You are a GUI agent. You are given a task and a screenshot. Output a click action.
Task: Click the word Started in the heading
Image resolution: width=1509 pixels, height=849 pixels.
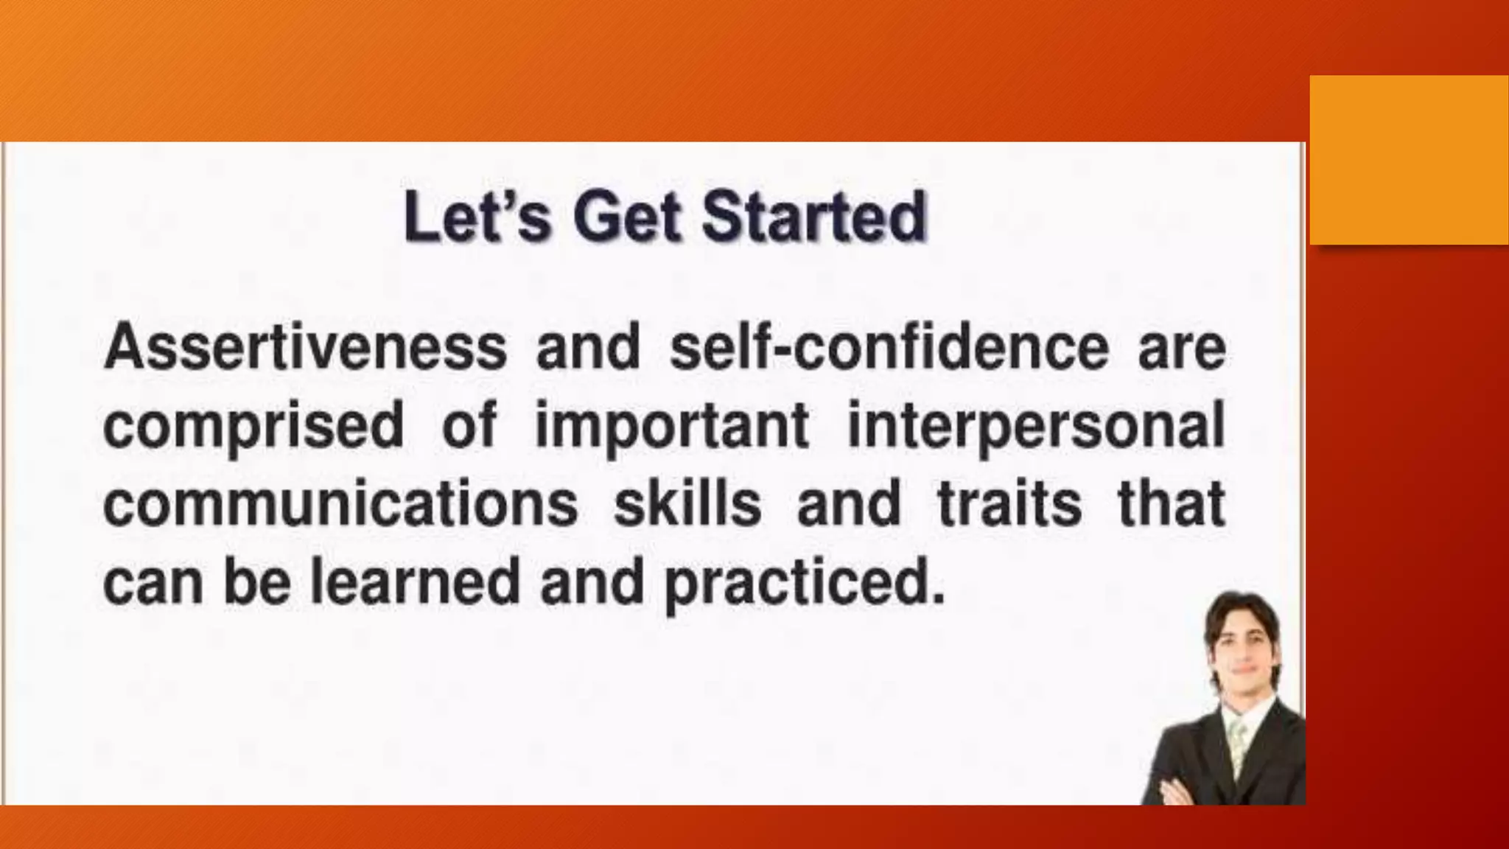pos(813,217)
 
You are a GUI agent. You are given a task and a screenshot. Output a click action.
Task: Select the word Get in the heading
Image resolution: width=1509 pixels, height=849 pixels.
pos(626,218)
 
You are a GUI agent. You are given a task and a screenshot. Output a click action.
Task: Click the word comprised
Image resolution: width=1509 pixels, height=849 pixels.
pos(253,427)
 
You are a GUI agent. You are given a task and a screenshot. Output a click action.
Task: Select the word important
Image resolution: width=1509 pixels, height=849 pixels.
pos(672,427)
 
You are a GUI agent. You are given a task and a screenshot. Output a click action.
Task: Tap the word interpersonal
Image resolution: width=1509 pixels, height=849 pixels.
pos(1036,427)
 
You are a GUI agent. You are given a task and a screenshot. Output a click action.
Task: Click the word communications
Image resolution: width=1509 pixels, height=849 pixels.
pos(340,504)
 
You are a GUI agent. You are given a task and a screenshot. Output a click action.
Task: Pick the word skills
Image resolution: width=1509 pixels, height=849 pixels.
pos(687,504)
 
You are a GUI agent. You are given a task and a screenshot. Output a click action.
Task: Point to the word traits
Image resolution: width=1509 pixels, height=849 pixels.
pos(1009,504)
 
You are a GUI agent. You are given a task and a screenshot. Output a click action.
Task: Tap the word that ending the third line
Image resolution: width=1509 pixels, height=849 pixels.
pos(1172,504)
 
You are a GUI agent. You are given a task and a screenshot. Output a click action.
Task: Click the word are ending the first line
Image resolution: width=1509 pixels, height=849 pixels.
pos(1182,349)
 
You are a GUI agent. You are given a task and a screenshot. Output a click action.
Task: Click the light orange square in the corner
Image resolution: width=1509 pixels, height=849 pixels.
pos(1408,160)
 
